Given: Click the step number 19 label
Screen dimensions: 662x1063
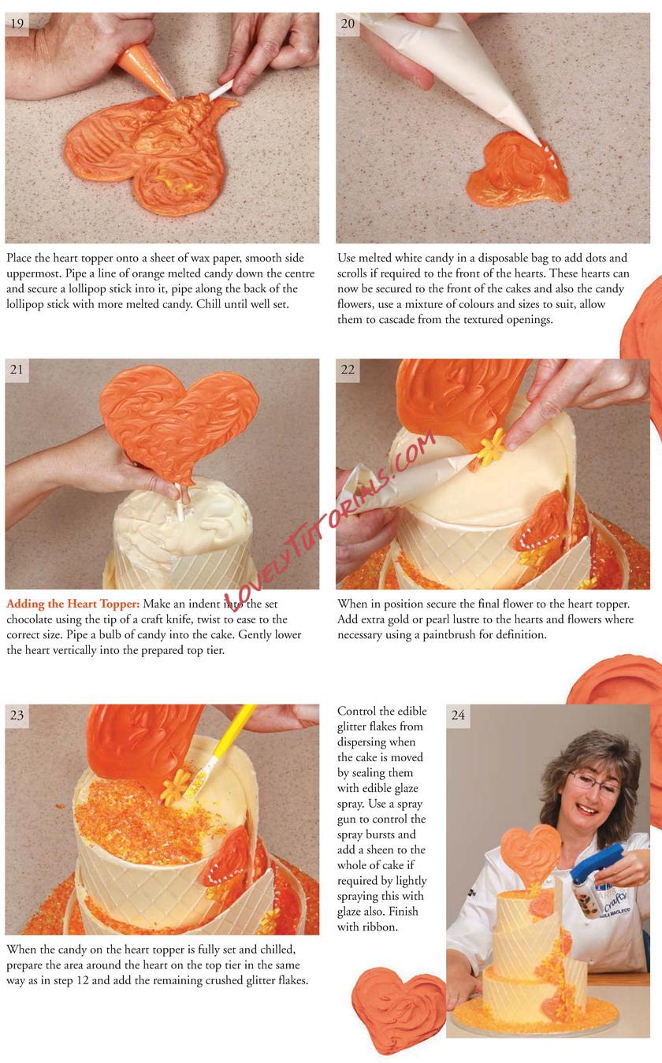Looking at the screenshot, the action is point(17,24).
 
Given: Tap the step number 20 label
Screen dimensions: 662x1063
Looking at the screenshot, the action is point(348,24).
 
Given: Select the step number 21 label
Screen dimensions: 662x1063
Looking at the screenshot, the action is point(17,370).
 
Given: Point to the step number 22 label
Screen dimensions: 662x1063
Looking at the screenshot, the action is point(348,370).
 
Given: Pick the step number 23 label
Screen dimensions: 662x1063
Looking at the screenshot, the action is point(17,715).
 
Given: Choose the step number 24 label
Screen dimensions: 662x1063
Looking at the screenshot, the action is point(459,715).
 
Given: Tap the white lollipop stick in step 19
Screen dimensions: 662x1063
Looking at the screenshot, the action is point(221,89).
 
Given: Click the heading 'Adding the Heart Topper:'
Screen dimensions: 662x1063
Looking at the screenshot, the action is point(73,604).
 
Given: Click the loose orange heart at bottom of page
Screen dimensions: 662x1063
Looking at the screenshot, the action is point(398,1005).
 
